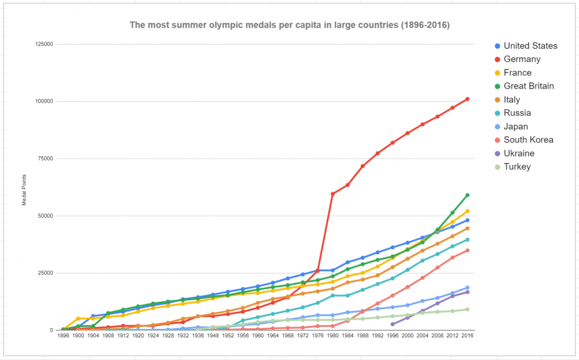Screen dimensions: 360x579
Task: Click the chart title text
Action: point(289,25)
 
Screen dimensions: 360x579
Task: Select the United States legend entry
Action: point(530,46)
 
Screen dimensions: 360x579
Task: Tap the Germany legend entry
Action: point(522,59)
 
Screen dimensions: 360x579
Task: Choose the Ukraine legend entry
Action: point(519,153)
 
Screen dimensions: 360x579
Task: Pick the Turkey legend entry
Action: point(517,167)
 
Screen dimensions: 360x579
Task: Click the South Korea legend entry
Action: point(528,139)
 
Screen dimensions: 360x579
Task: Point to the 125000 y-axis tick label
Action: point(44,45)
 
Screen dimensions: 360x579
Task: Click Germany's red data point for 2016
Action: point(467,99)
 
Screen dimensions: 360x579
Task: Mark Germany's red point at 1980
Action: point(332,194)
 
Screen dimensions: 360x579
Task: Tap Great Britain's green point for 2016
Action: point(467,195)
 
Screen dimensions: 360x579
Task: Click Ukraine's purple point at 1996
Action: point(393,324)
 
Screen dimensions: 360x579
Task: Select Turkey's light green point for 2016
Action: point(467,310)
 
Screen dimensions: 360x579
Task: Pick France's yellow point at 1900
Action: point(78,318)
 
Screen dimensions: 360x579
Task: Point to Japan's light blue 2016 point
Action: point(467,288)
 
